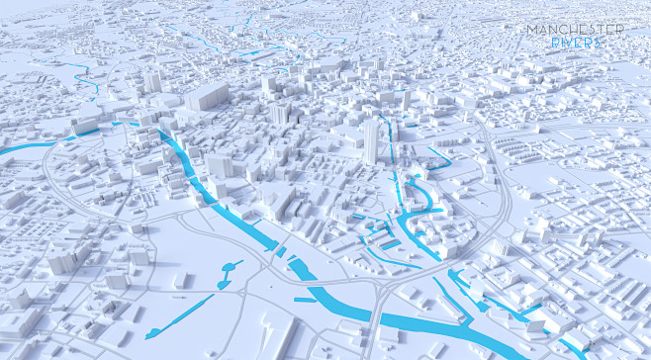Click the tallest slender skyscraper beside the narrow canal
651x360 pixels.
371,140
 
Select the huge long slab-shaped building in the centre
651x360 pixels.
206,97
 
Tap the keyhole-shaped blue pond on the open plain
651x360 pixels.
232,268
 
